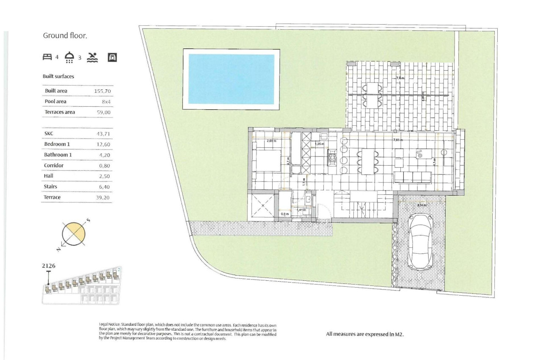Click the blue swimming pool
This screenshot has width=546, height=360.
click(x=231, y=79)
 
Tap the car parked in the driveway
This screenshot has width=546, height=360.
click(x=420, y=241)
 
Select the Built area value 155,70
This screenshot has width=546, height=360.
click(x=102, y=91)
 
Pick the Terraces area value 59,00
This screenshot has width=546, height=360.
click(x=102, y=112)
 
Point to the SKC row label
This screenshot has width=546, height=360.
click(x=49, y=133)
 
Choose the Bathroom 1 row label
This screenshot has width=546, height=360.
click(x=58, y=155)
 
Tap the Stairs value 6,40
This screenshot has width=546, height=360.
click(x=104, y=187)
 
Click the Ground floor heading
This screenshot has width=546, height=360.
click(x=65, y=36)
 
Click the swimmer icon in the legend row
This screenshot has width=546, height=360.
click(x=92, y=57)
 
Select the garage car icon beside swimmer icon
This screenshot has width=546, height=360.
click(x=112, y=57)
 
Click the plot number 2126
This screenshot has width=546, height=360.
click(x=49, y=266)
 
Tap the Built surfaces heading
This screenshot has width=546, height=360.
click(x=58, y=77)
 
